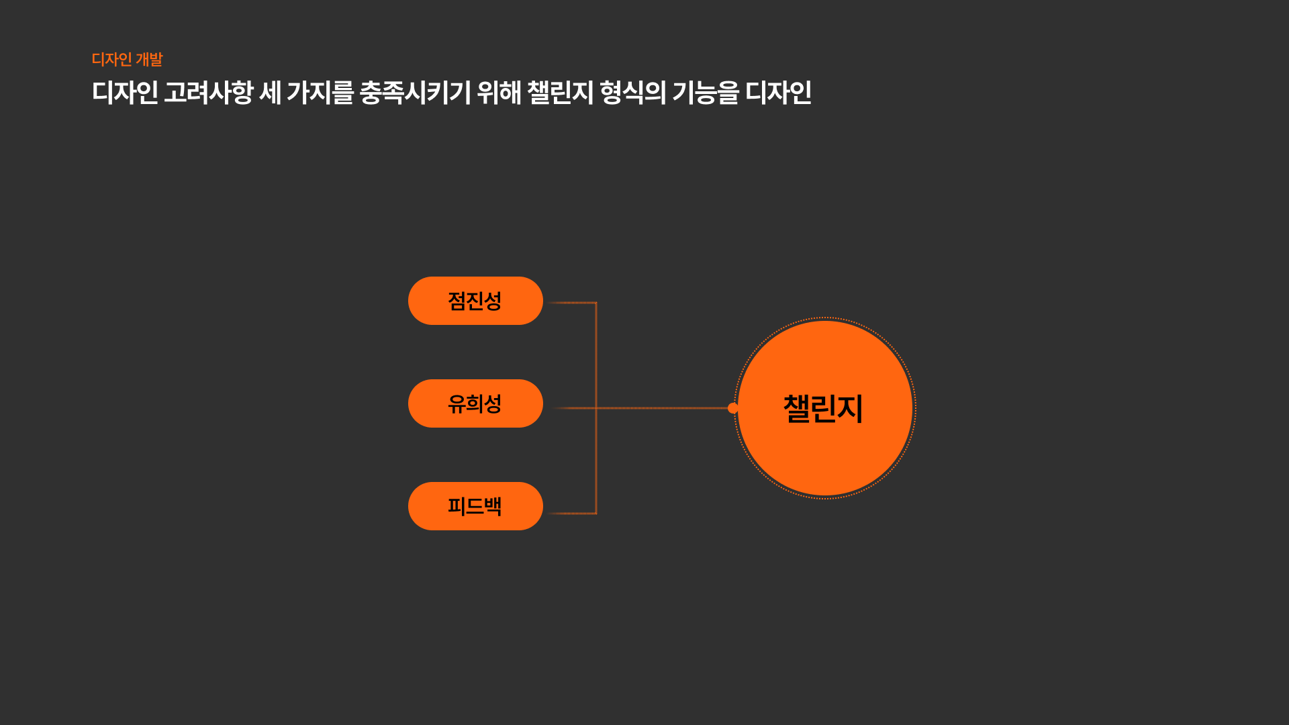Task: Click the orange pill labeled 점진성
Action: point(475,301)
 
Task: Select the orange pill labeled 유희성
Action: point(475,403)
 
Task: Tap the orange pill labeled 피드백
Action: point(475,506)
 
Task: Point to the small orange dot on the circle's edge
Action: point(733,408)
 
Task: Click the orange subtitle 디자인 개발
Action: point(127,60)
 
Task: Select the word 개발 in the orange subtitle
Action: point(149,60)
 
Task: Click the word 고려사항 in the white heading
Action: point(208,93)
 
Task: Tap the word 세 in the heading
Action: point(270,93)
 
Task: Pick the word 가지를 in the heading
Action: point(320,93)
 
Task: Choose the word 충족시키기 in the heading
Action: point(415,93)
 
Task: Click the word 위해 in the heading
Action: point(499,93)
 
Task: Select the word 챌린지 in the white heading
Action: point(560,93)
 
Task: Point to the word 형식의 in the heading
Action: point(632,93)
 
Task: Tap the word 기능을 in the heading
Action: point(705,93)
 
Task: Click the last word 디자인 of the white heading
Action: point(778,93)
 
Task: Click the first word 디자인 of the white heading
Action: point(125,93)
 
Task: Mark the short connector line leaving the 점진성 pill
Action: point(571,303)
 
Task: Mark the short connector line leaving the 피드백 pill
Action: point(571,514)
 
